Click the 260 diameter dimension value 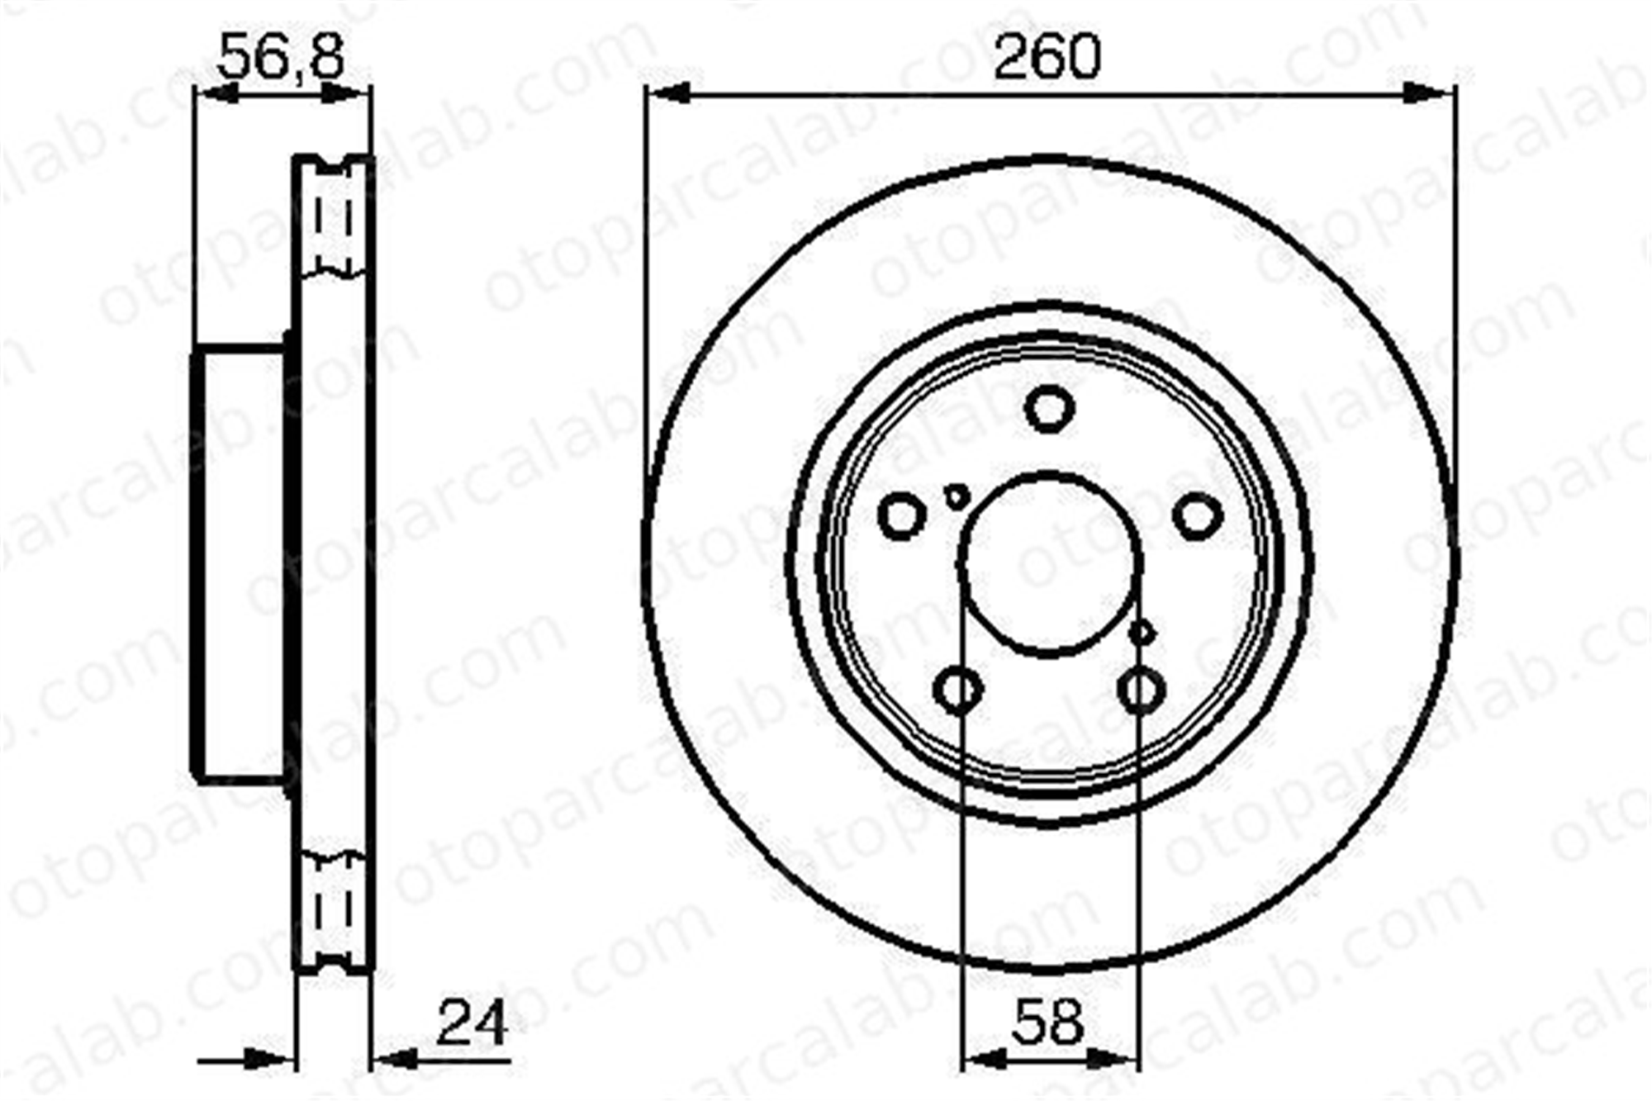[1047, 56]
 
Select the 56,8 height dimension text [281, 56]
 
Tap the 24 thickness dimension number [472, 1022]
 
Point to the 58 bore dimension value [1047, 1022]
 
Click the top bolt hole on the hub [1049, 408]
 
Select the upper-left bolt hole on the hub [902, 516]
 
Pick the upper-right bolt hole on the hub [1197, 516]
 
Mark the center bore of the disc [1050, 566]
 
